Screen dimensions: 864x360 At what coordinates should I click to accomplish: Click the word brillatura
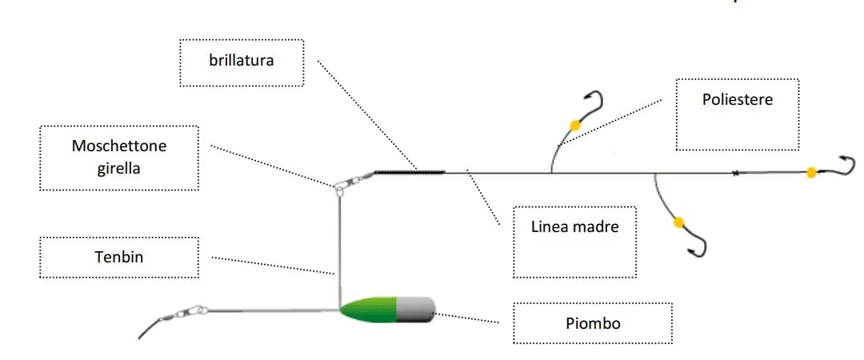point(242,60)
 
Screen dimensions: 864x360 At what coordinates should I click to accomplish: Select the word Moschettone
point(119,146)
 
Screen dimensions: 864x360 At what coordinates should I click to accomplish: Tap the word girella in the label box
point(119,168)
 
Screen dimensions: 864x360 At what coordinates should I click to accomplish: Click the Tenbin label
point(119,257)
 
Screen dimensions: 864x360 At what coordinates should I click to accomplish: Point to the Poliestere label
point(738,100)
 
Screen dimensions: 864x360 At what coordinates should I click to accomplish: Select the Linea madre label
point(574,226)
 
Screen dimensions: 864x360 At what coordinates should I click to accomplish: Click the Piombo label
point(593,323)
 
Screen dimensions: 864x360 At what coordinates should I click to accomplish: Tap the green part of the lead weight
point(368,310)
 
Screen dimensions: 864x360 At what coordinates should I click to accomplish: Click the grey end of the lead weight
point(416,310)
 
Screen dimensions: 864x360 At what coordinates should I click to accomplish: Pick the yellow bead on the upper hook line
point(575,126)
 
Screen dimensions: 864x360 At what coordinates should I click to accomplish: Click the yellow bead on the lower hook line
point(679,222)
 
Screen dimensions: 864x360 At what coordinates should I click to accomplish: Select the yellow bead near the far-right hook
point(811,173)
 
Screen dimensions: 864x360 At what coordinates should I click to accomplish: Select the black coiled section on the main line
point(410,172)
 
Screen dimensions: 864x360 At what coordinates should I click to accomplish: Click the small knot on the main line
point(735,173)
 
